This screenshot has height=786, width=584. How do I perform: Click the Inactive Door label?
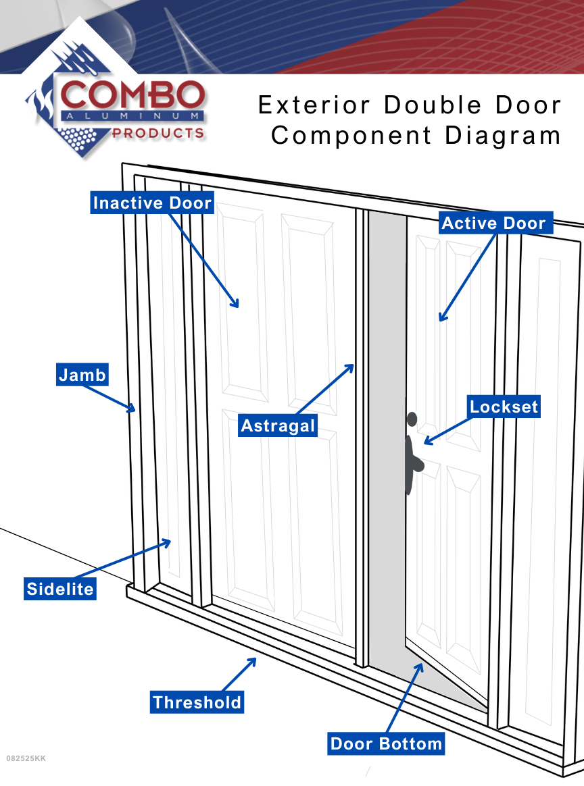[x=152, y=203]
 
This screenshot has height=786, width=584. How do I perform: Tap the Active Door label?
[x=493, y=223]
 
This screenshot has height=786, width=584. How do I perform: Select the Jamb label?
[x=82, y=375]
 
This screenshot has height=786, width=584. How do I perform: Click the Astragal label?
[x=278, y=426]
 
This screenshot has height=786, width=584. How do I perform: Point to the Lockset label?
[x=504, y=407]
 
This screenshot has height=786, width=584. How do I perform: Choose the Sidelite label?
[x=60, y=589]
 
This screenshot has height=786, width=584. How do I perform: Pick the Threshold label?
[x=197, y=702]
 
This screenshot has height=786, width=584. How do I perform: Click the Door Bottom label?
[x=386, y=744]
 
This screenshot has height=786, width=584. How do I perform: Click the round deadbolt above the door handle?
[x=412, y=419]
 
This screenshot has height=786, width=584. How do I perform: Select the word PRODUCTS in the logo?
[x=157, y=133]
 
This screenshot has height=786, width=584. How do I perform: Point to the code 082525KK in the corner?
[x=26, y=758]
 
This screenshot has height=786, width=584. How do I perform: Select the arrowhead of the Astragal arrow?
[x=352, y=366]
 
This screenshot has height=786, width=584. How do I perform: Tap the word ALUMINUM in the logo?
[x=132, y=116]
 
